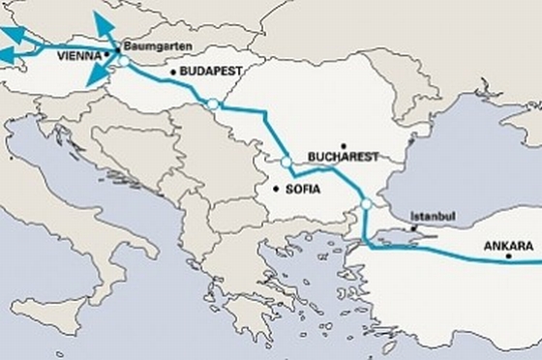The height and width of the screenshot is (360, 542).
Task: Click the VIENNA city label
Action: (80, 56)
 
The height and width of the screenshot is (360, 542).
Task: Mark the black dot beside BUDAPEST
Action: (172, 72)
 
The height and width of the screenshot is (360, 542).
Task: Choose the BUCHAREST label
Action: (340, 156)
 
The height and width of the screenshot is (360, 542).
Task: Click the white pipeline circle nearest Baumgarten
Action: (124, 63)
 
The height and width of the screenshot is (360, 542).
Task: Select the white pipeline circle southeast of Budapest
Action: (212, 104)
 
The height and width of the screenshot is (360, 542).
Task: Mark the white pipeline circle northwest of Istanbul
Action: (366, 204)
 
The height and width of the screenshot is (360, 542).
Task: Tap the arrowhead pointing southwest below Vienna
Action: (94, 80)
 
